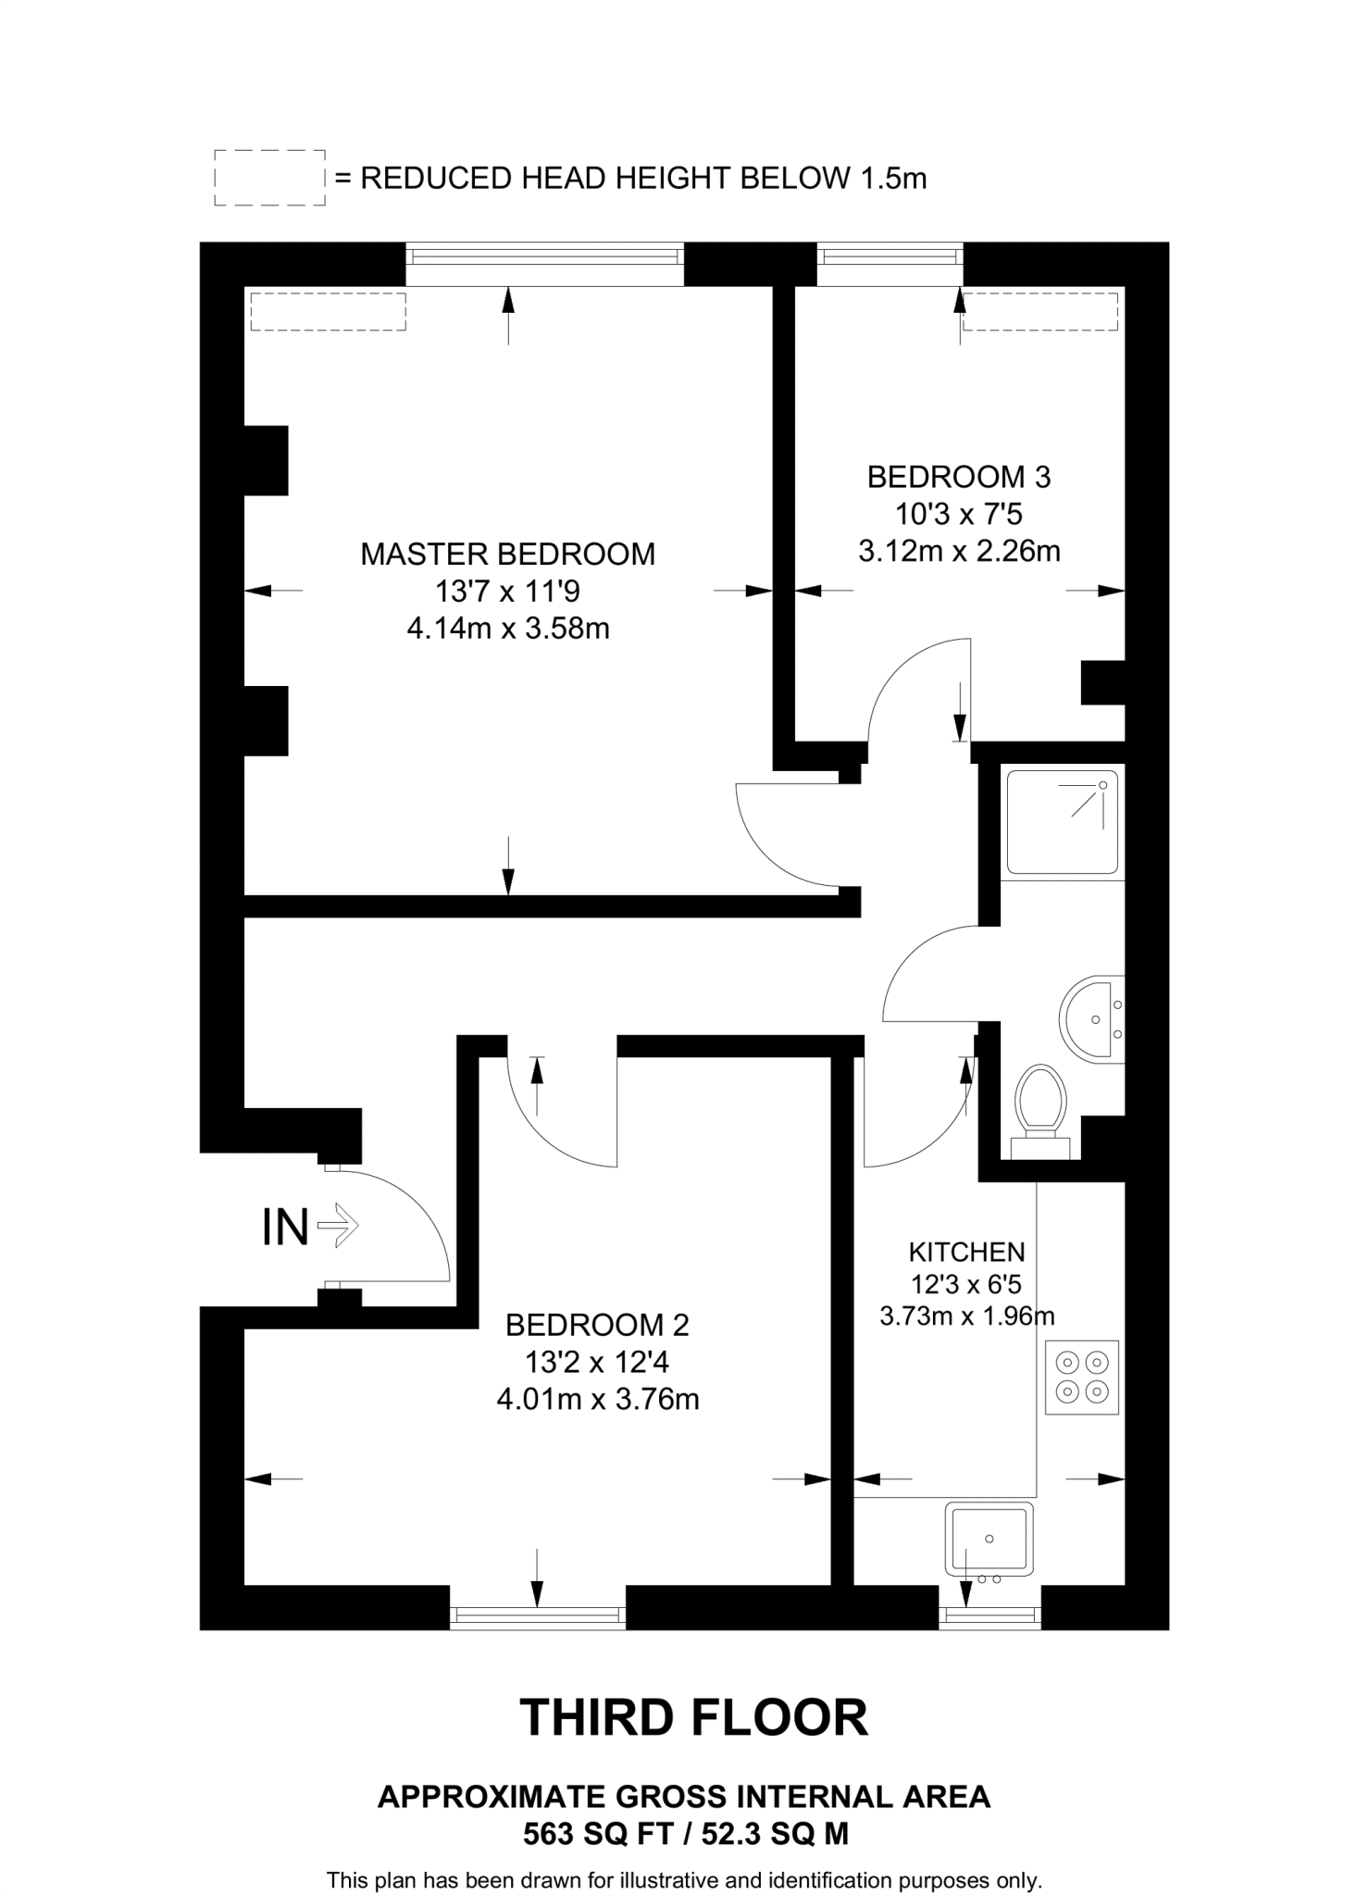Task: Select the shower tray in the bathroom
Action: point(1062,822)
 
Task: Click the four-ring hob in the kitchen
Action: point(1082,1377)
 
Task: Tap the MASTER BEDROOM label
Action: point(507,555)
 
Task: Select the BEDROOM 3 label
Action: point(959,478)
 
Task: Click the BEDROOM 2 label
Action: point(597,1326)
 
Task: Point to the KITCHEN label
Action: point(966,1253)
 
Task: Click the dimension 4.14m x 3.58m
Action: point(508,630)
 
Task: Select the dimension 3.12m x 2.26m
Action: point(959,552)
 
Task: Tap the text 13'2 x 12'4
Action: point(597,1363)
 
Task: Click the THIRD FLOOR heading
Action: point(694,1718)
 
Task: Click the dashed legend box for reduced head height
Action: point(269,177)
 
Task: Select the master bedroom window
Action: point(544,264)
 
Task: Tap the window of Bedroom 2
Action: point(538,1617)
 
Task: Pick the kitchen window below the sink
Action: point(989,1617)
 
